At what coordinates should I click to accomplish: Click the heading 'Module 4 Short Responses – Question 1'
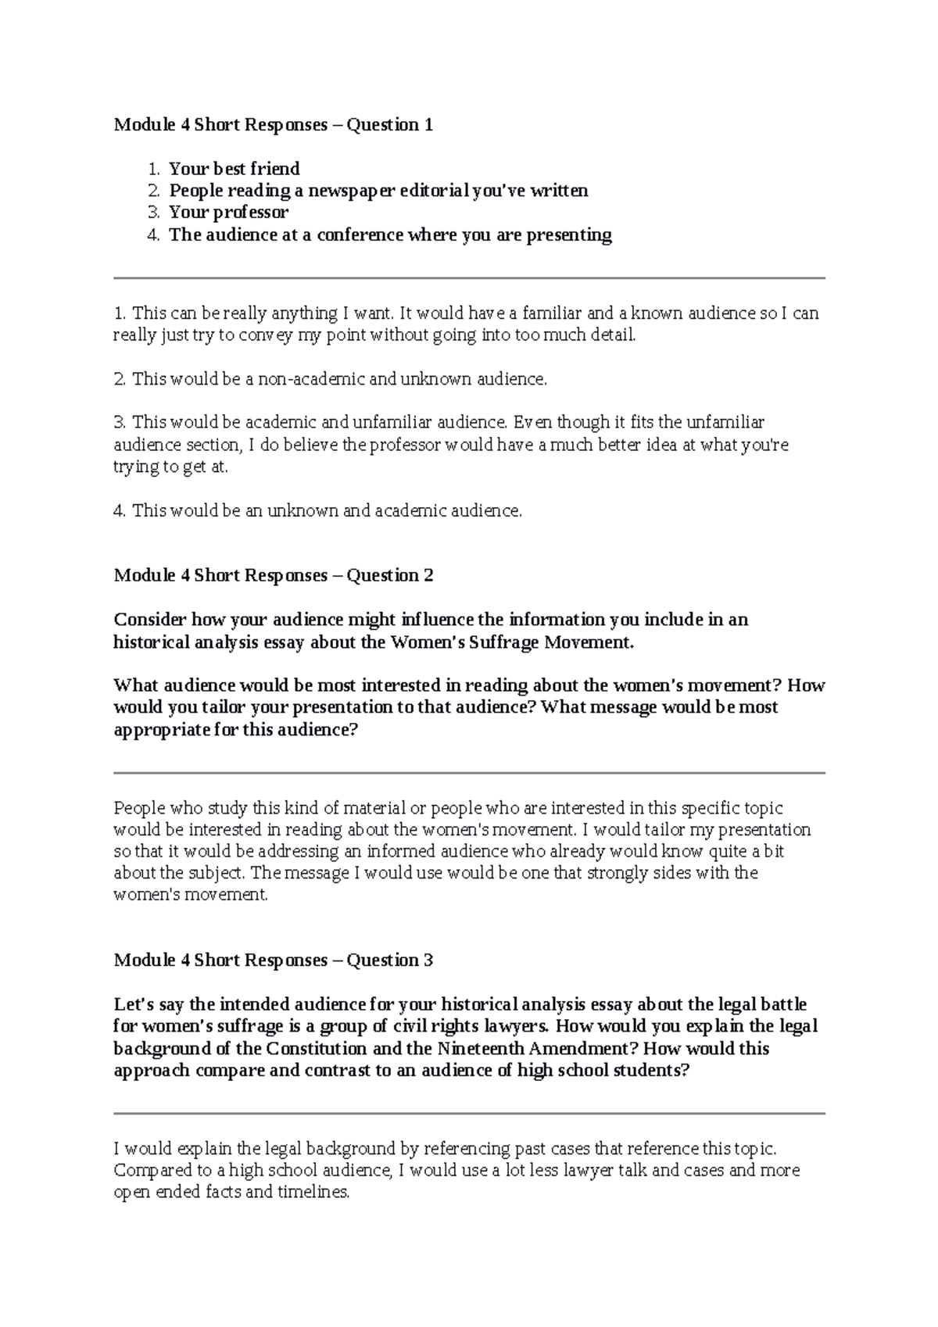coord(273,125)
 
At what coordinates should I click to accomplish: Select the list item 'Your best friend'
coord(234,169)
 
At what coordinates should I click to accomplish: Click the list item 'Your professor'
coord(228,213)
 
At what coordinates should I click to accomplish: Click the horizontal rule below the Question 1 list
coord(469,277)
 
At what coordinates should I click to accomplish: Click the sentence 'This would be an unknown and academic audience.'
coord(326,511)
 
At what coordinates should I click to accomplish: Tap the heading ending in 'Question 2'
coord(273,576)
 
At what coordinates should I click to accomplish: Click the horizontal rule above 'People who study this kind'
coord(469,773)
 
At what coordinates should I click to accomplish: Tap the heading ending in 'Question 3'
coord(273,960)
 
